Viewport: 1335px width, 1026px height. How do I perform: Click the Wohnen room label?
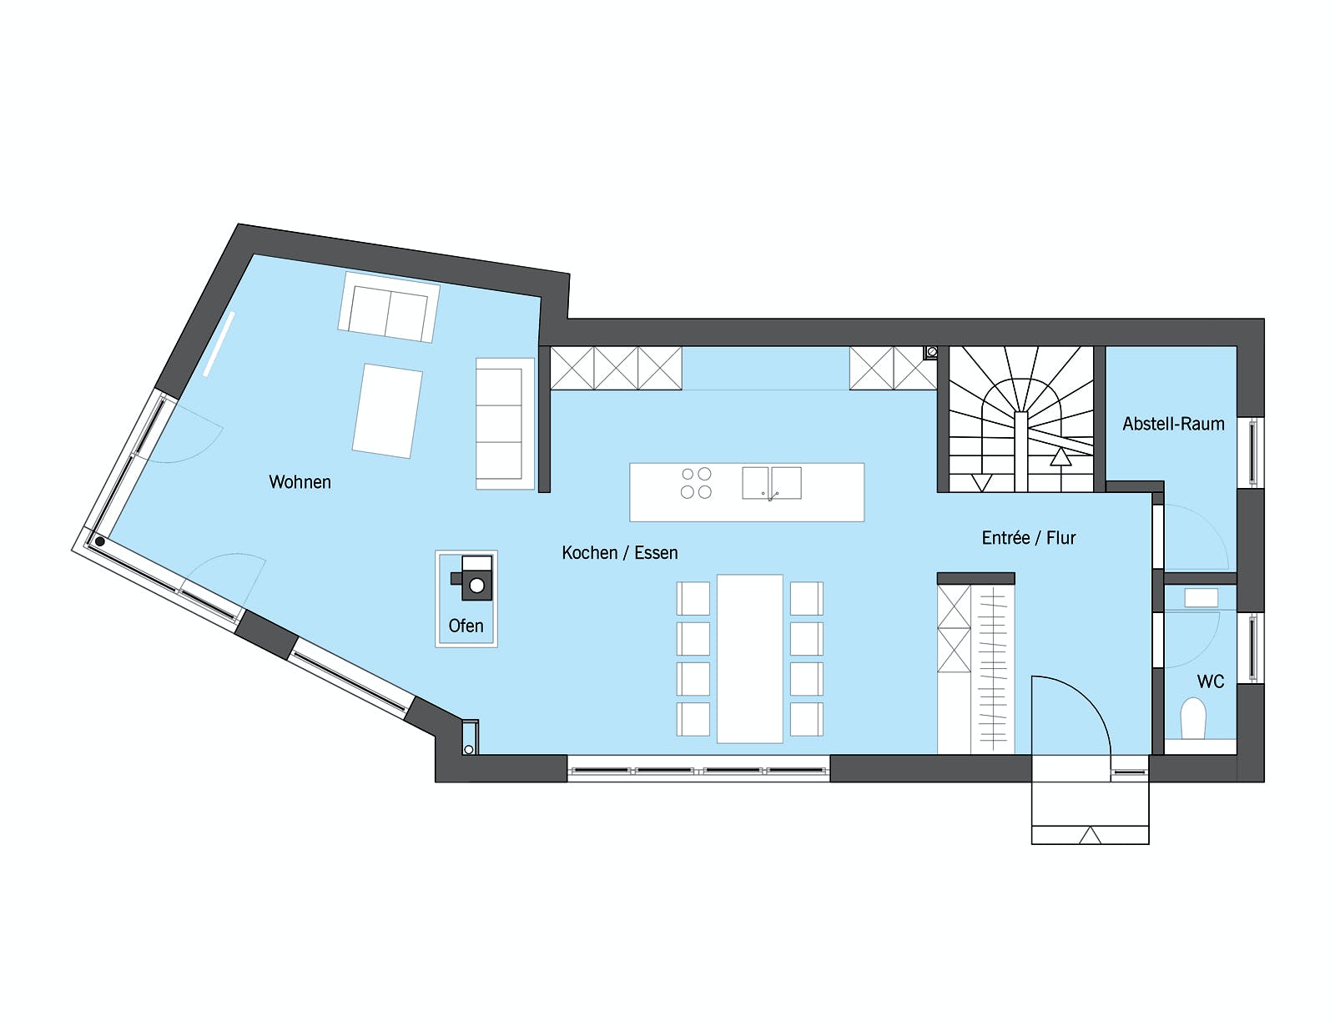[x=300, y=482]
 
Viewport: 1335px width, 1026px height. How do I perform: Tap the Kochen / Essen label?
[x=619, y=552]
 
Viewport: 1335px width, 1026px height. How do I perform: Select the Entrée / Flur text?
[x=1029, y=538]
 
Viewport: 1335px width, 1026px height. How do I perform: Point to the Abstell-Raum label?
[x=1173, y=424]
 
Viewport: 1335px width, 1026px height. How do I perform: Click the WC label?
[x=1211, y=681]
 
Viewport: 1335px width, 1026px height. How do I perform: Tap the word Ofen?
[x=466, y=626]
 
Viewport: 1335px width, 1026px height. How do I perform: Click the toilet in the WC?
[x=1193, y=717]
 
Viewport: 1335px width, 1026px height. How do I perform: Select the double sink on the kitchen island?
[x=772, y=483]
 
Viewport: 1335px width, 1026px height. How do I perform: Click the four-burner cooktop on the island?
[x=697, y=483]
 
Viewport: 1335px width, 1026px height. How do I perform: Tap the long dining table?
[x=749, y=658]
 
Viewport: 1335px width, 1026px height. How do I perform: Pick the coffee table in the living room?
[x=387, y=410]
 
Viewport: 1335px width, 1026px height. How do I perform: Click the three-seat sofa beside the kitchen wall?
[x=505, y=424]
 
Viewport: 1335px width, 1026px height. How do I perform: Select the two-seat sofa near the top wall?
[x=389, y=307]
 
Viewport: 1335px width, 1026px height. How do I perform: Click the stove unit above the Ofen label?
[x=471, y=577]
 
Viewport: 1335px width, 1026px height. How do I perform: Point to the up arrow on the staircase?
[x=1060, y=457]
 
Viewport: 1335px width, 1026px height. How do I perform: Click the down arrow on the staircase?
[x=982, y=483]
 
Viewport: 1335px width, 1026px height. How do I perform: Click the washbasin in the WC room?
[x=1201, y=597]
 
